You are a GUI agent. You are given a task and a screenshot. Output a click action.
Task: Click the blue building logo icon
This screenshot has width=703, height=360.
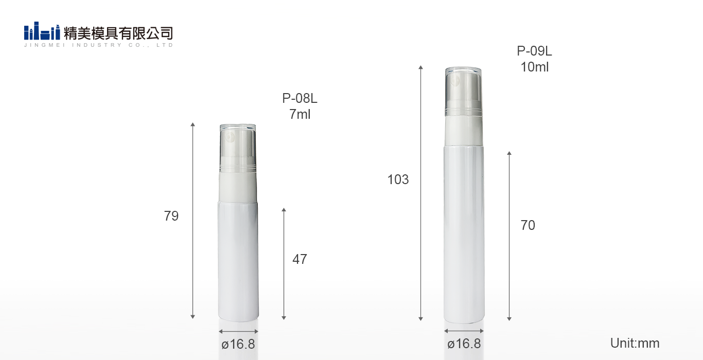(42, 31)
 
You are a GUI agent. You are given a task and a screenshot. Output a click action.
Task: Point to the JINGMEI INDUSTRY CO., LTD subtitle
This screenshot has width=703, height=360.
(98, 45)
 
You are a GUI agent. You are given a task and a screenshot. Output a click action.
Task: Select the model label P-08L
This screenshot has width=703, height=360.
(300, 98)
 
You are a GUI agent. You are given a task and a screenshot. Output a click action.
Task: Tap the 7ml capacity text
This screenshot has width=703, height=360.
(300, 114)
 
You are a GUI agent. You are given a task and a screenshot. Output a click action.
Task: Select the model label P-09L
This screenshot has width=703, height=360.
(534, 51)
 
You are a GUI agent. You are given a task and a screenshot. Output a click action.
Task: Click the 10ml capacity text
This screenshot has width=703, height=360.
(535, 67)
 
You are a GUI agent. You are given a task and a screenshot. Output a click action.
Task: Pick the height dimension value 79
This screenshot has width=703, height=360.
(171, 216)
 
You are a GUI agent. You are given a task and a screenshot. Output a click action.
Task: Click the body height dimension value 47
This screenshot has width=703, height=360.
(300, 259)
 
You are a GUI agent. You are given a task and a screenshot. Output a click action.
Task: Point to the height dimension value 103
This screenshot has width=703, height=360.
(398, 179)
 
